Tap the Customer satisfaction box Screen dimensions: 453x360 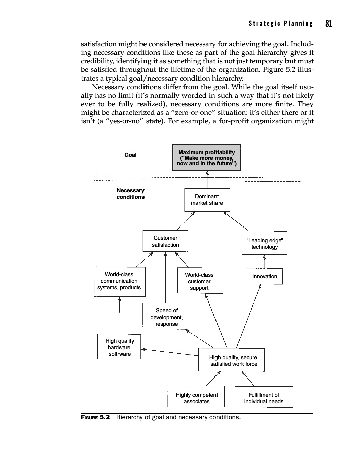coord(165,241)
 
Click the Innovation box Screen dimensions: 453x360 coord(264,276)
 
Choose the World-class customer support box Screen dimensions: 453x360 coord(199,281)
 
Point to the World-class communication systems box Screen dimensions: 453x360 coord(119,281)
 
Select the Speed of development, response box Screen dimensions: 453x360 coord(166,317)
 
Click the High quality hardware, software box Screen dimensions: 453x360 coord(119,347)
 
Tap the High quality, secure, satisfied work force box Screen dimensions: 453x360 coord(232,360)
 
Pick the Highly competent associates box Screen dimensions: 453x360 coord(196,398)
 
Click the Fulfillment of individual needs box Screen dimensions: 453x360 coord(263,398)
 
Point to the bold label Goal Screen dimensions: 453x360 coord(130,155)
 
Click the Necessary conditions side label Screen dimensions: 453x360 coord(130,194)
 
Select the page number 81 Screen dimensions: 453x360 coord(329,24)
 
